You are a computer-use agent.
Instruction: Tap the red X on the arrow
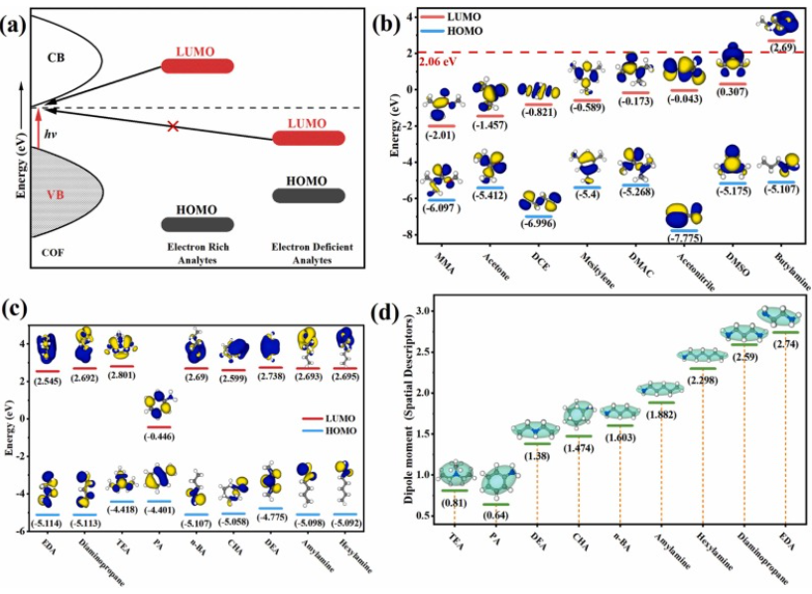[174, 126]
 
